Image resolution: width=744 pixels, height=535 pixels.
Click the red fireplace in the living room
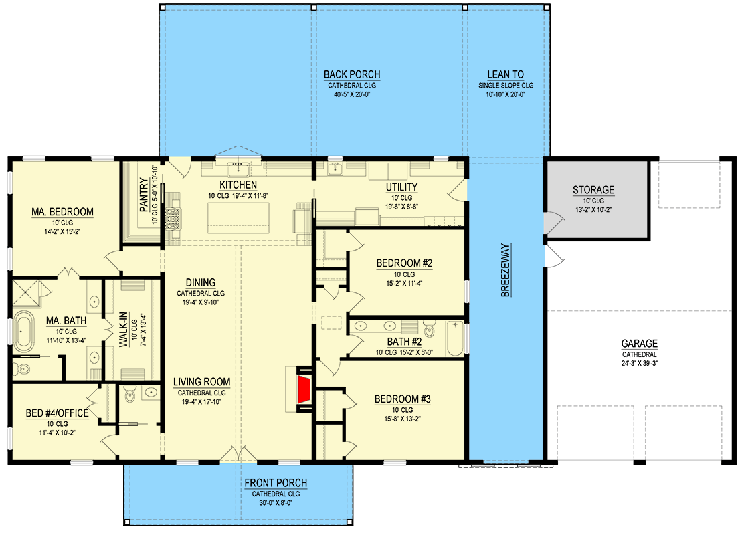[304, 389]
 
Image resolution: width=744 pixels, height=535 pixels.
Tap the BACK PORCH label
[352, 74]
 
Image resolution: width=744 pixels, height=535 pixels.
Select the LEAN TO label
[505, 74]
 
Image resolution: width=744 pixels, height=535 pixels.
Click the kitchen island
[238, 218]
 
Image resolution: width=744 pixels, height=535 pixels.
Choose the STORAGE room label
[593, 190]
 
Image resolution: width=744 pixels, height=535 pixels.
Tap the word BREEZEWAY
[506, 270]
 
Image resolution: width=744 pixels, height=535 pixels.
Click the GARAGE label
[639, 343]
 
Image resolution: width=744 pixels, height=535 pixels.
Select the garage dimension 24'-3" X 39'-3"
[639, 363]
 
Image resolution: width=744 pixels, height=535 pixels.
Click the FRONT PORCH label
[276, 483]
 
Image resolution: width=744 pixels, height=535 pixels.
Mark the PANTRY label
[145, 195]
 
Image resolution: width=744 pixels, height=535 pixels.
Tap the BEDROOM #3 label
[402, 399]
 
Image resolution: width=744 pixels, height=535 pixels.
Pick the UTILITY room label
[401, 187]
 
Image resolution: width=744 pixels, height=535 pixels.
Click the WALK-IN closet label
[123, 329]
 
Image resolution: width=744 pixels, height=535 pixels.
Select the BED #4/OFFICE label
[57, 413]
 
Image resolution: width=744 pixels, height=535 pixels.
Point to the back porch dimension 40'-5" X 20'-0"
[352, 94]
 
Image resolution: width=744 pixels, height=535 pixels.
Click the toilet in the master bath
[21, 368]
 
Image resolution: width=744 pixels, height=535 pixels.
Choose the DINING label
[200, 282]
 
